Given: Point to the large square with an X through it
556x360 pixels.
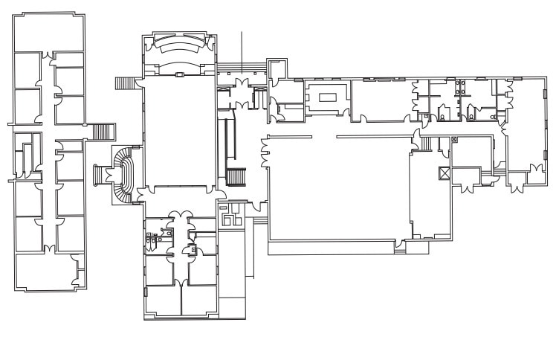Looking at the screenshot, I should tap(445, 173).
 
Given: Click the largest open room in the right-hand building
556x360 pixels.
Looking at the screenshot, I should tap(338, 190).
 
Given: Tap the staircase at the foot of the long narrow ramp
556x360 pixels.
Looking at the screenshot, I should tap(235, 178).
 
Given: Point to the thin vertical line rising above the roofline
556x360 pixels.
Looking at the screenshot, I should tap(242, 48).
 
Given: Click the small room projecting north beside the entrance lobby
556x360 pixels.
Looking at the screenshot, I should tap(276, 71).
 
